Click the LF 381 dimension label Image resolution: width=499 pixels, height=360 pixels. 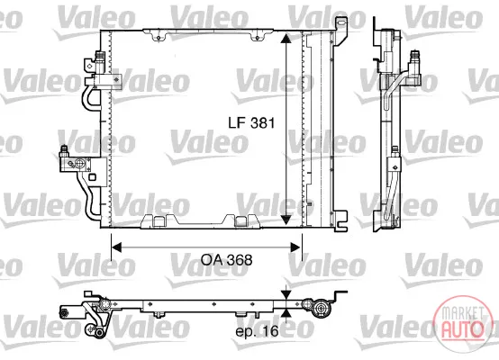[251, 122]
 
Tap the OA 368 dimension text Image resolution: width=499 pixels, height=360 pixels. [227, 260]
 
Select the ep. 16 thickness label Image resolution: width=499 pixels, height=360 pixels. [257, 331]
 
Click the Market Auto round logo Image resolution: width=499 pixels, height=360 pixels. [461, 324]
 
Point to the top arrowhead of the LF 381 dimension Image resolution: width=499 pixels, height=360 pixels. [286, 39]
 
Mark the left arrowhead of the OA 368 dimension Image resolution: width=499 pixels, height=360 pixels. [116, 247]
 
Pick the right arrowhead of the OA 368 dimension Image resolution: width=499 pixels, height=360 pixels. [295, 247]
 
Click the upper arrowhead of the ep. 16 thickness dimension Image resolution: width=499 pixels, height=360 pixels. [286, 294]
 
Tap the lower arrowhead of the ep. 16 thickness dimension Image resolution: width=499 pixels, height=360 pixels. [286, 313]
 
